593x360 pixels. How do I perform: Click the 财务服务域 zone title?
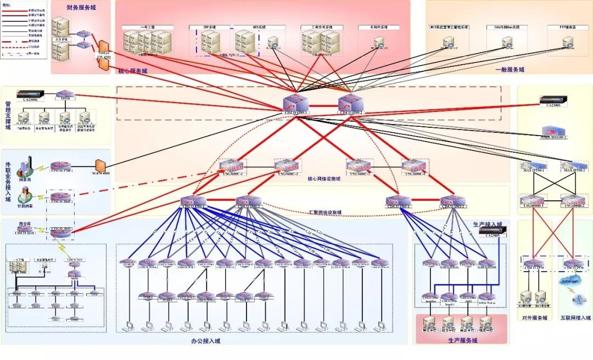81,7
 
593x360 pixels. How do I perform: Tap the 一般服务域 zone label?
509,70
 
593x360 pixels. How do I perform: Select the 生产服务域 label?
463,340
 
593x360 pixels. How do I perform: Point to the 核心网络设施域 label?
324,179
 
